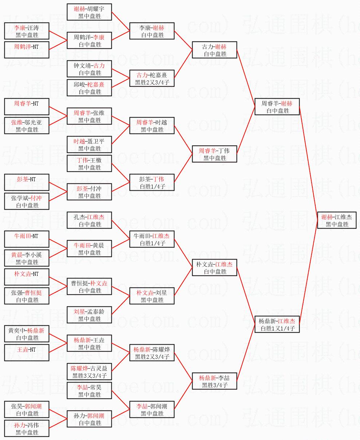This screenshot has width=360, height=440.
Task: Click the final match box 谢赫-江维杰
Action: [x=337, y=220]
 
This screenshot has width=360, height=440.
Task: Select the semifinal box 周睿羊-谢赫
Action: [x=277, y=107]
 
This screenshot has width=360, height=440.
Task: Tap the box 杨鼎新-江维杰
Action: [x=277, y=324]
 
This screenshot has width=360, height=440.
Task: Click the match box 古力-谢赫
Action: [x=214, y=50]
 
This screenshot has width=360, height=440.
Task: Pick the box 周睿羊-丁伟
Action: [x=214, y=154]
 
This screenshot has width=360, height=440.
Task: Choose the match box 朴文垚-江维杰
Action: [x=214, y=267]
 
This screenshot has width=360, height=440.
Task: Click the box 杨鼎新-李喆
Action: [x=214, y=381]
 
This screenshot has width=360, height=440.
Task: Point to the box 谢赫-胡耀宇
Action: [x=89, y=12]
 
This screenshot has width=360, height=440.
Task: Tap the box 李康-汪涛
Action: [x=27, y=31]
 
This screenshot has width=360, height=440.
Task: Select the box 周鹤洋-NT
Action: [x=27, y=50]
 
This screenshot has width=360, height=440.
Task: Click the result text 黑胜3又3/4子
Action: [x=90, y=376]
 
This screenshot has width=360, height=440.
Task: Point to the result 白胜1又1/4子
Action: [x=278, y=328]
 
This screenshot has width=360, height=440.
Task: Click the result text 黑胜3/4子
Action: [x=215, y=385]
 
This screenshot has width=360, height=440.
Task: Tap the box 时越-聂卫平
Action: [x=89, y=144]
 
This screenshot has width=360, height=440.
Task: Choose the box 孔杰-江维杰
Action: [x=89, y=220]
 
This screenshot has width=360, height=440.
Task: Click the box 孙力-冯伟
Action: [x=27, y=428]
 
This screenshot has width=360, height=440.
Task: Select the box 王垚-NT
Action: [x=27, y=353]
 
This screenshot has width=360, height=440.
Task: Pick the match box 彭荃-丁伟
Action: [x=152, y=182]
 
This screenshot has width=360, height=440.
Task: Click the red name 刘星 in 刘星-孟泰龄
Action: [x=79, y=312]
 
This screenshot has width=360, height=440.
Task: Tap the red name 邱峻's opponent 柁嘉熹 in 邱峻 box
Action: [x=96, y=84]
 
